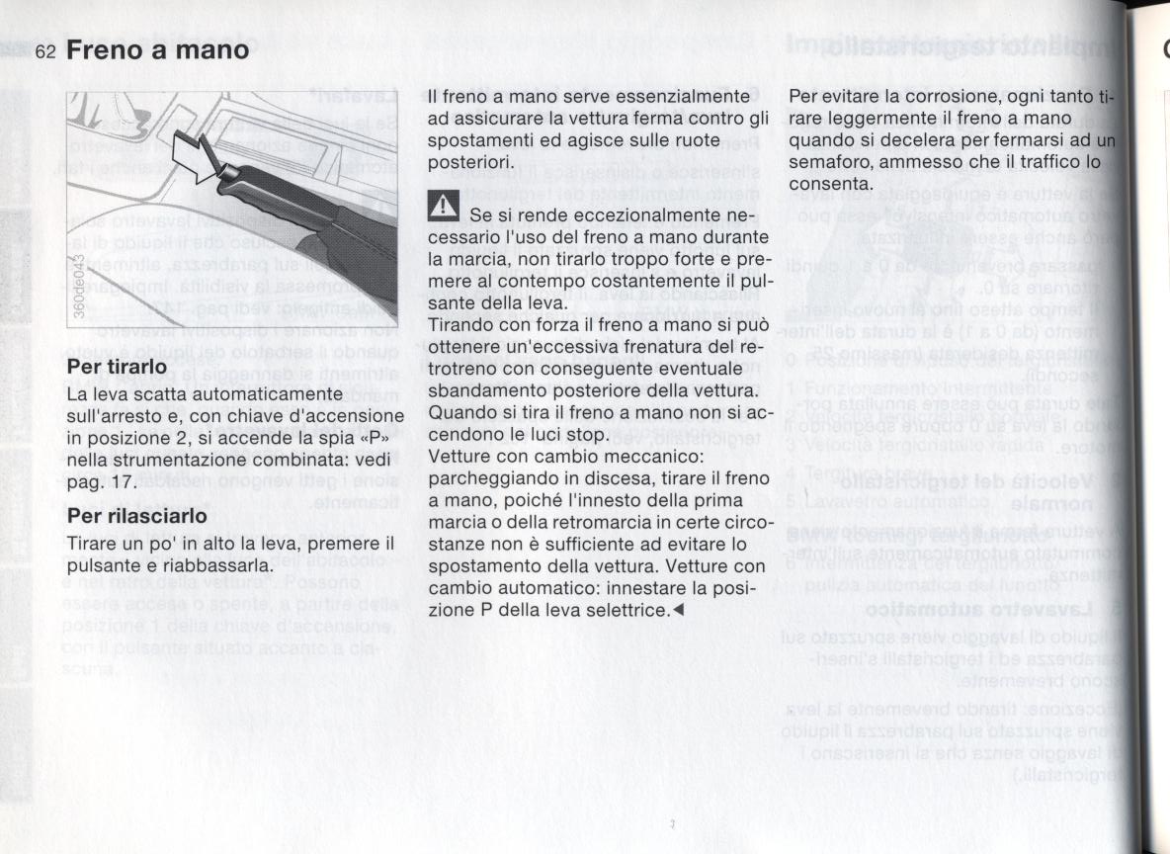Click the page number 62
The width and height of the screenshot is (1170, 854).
(46, 51)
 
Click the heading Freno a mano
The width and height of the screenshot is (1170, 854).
(158, 49)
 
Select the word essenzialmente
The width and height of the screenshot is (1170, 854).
(682, 97)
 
